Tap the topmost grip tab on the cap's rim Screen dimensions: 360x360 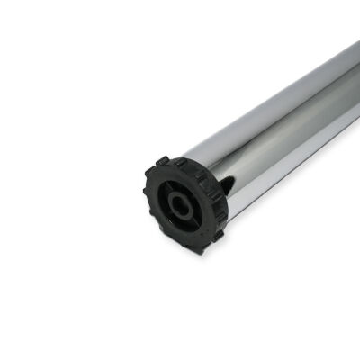point(163,162)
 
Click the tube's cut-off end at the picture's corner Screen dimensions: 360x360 point(353,63)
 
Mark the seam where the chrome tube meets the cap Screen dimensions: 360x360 point(216,175)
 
